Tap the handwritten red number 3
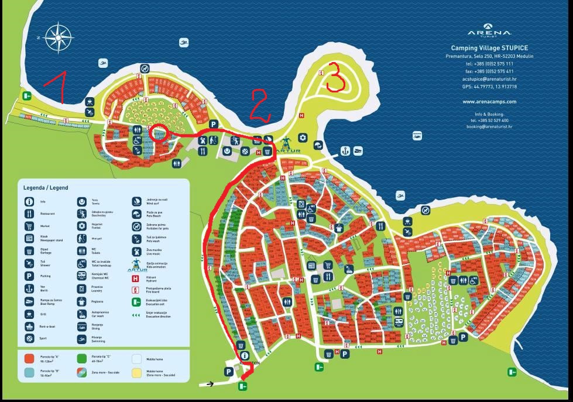[335, 77]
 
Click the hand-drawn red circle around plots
[158, 133]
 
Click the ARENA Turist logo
[489, 33]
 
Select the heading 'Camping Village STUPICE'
[489, 48]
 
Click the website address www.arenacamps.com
[489, 101]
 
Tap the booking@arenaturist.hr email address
[489, 126]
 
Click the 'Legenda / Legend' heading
[46, 188]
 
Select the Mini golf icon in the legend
[81, 238]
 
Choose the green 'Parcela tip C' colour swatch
[81, 358]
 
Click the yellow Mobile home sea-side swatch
[136, 373]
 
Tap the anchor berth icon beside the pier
[345, 150]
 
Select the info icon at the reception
[244, 355]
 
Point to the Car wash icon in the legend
[81, 314]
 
